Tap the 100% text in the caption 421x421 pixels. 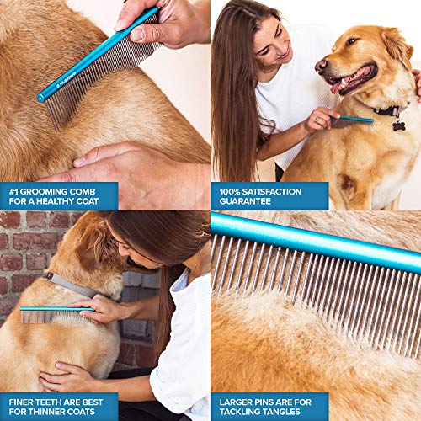232,191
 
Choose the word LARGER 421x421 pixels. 237,401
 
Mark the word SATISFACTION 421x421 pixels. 280,191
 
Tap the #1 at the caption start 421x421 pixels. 13,191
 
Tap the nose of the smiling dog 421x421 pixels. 321,65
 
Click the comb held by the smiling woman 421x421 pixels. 354,120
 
